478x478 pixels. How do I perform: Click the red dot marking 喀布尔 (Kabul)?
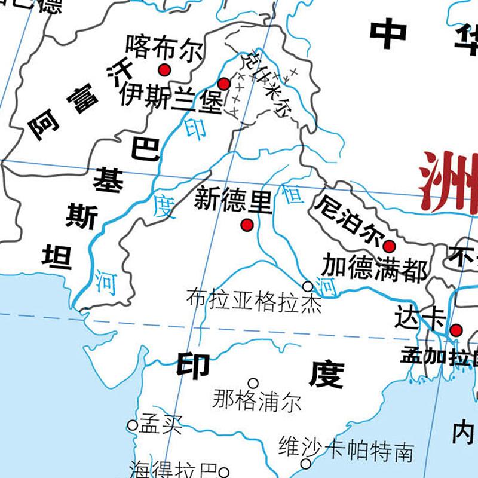pyautogui.click(x=165, y=69)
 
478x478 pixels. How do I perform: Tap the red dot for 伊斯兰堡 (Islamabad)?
pyautogui.click(x=223, y=84)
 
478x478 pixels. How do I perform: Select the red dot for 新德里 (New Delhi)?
pyautogui.click(x=246, y=225)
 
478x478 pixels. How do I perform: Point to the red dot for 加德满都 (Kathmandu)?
pyautogui.click(x=389, y=246)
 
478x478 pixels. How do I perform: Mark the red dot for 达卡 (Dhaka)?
pyautogui.click(x=456, y=329)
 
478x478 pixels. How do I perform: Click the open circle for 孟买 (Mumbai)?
pyautogui.click(x=132, y=425)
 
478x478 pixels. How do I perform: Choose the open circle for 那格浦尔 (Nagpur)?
pyautogui.click(x=253, y=383)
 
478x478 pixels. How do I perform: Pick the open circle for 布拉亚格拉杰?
pyautogui.click(x=308, y=287)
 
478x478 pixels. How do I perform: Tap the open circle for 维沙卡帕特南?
pyautogui.click(x=306, y=464)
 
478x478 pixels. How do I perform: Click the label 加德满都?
pyautogui.click(x=375, y=268)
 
